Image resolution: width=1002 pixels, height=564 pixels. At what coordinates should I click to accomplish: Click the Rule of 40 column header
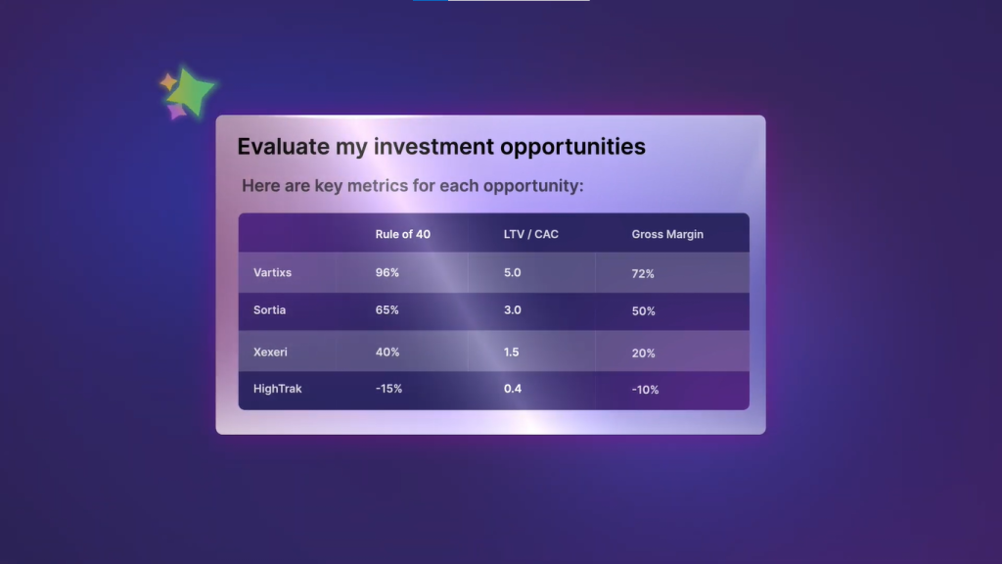[x=402, y=234]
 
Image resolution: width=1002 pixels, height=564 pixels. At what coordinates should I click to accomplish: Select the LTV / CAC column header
[x=531, y=234]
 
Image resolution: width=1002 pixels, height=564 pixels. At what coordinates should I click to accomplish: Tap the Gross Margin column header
[x=667, y=235]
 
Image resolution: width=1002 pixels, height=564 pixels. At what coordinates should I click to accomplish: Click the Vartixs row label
[x=272, y=272]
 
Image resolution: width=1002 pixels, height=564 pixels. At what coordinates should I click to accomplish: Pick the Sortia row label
[x=270, y=310]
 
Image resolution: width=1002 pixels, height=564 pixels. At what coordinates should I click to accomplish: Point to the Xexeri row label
[x=270, y=352]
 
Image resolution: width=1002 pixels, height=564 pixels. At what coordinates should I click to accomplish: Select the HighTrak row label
[x=277, y=389]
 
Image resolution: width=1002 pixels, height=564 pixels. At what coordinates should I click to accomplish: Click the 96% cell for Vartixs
[x=387, y=272]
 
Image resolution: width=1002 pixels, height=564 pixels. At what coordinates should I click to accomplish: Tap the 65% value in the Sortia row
[x=387, y=310]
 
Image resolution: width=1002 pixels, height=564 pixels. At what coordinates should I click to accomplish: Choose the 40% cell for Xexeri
[x=387, y=352]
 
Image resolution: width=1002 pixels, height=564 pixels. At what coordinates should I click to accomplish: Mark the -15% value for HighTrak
[x=388, y=389]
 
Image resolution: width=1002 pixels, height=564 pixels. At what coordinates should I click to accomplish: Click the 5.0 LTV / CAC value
[x=513, y=272]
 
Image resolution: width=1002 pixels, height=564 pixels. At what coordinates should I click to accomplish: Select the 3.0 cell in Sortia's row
[x=513, y=310]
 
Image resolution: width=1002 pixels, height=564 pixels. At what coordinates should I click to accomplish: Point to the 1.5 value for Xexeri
[x=511, y=352]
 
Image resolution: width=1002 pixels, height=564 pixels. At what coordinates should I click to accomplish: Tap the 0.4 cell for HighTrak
[x=513, y=389]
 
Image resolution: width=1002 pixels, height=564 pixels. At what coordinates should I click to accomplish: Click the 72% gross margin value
[x=643, y=274]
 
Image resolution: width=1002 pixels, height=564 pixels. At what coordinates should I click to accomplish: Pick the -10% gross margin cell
[x=645, y=390]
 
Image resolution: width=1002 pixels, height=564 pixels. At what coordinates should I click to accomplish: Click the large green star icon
[x=190, y=92]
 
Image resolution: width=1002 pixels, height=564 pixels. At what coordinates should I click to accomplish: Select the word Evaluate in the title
[x=283, y=147]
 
